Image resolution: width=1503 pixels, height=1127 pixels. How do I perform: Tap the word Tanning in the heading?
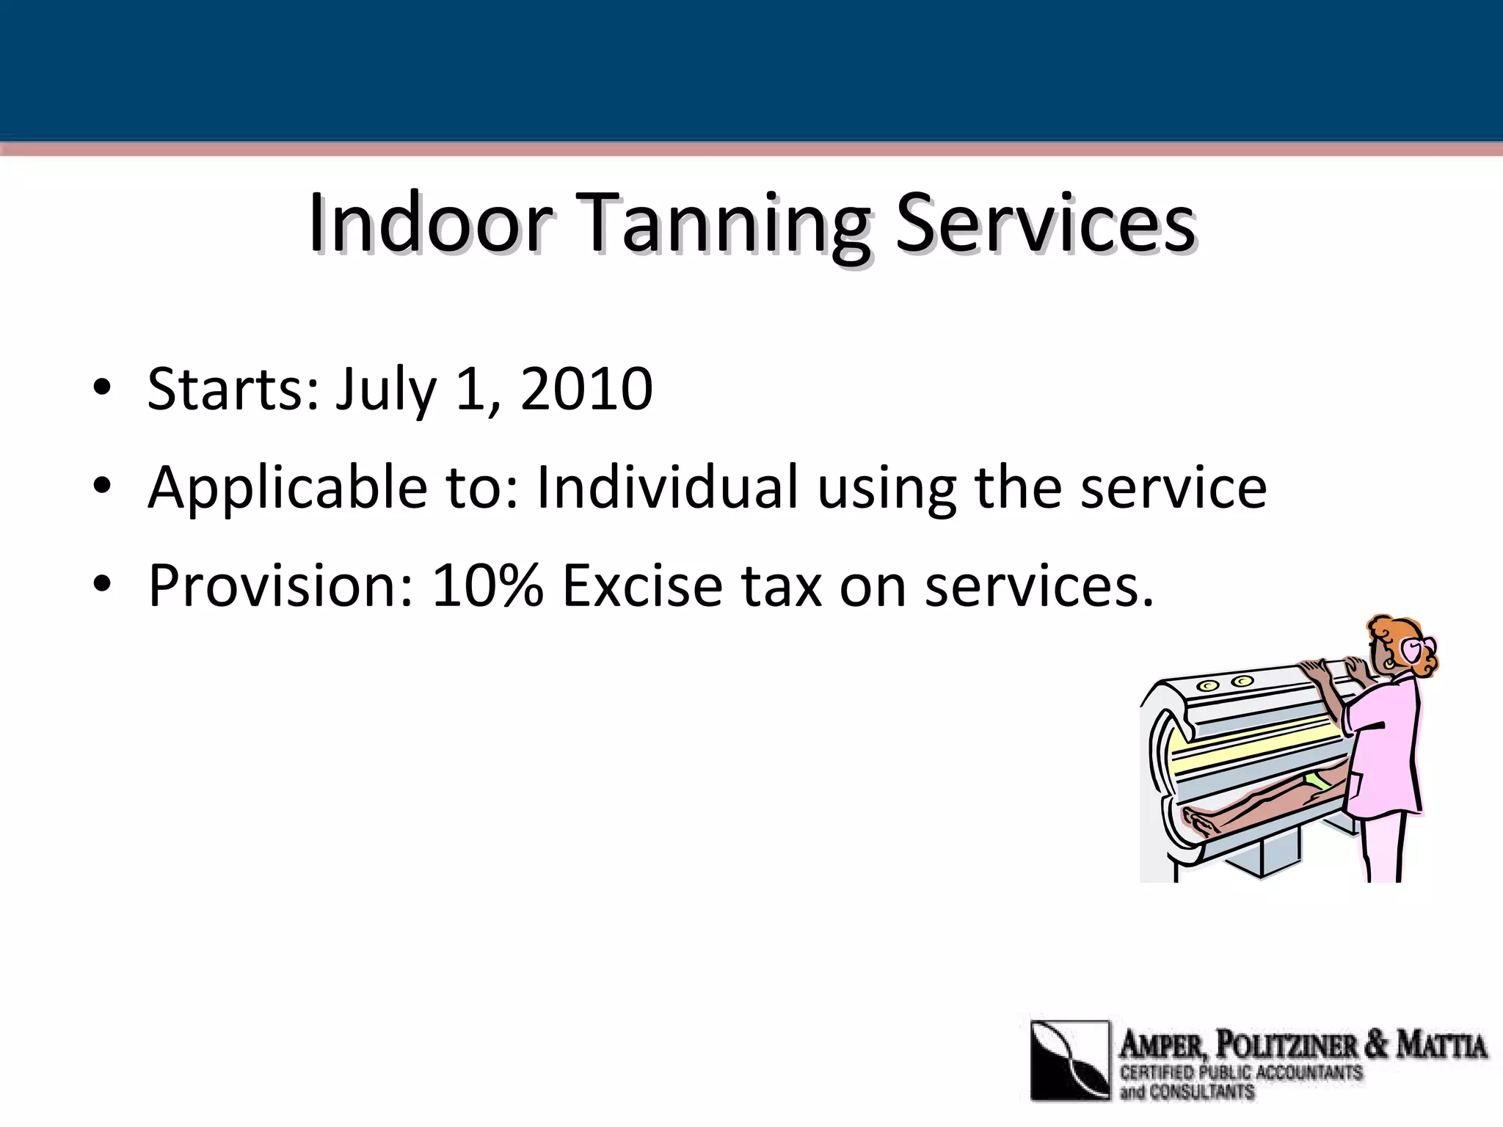[x=725, y=225]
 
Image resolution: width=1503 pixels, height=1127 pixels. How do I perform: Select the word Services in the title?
[x=1045, y=223]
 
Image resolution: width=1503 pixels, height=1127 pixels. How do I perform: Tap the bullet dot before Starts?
[x=102, y=387]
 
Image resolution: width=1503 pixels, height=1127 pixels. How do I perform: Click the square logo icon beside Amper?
[x=1069, y=1059]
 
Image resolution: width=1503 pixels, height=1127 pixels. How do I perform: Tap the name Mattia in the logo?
[x=1441, y=1045]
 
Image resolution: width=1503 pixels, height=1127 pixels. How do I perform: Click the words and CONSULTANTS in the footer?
[x=1187, y=1091]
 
